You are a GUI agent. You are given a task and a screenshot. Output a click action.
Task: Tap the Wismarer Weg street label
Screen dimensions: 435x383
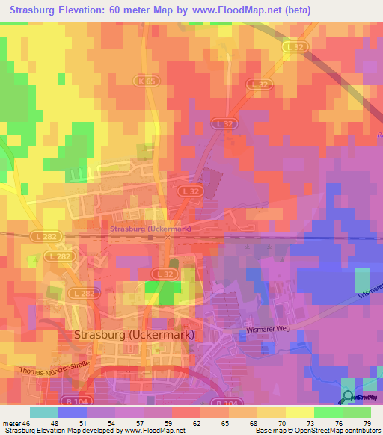268,329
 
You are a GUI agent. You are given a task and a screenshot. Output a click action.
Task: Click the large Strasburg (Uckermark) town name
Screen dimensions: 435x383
135,335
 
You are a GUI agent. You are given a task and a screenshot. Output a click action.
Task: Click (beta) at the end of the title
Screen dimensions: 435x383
297,10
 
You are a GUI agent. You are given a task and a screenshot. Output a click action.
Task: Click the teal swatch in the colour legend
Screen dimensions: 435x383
44,412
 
